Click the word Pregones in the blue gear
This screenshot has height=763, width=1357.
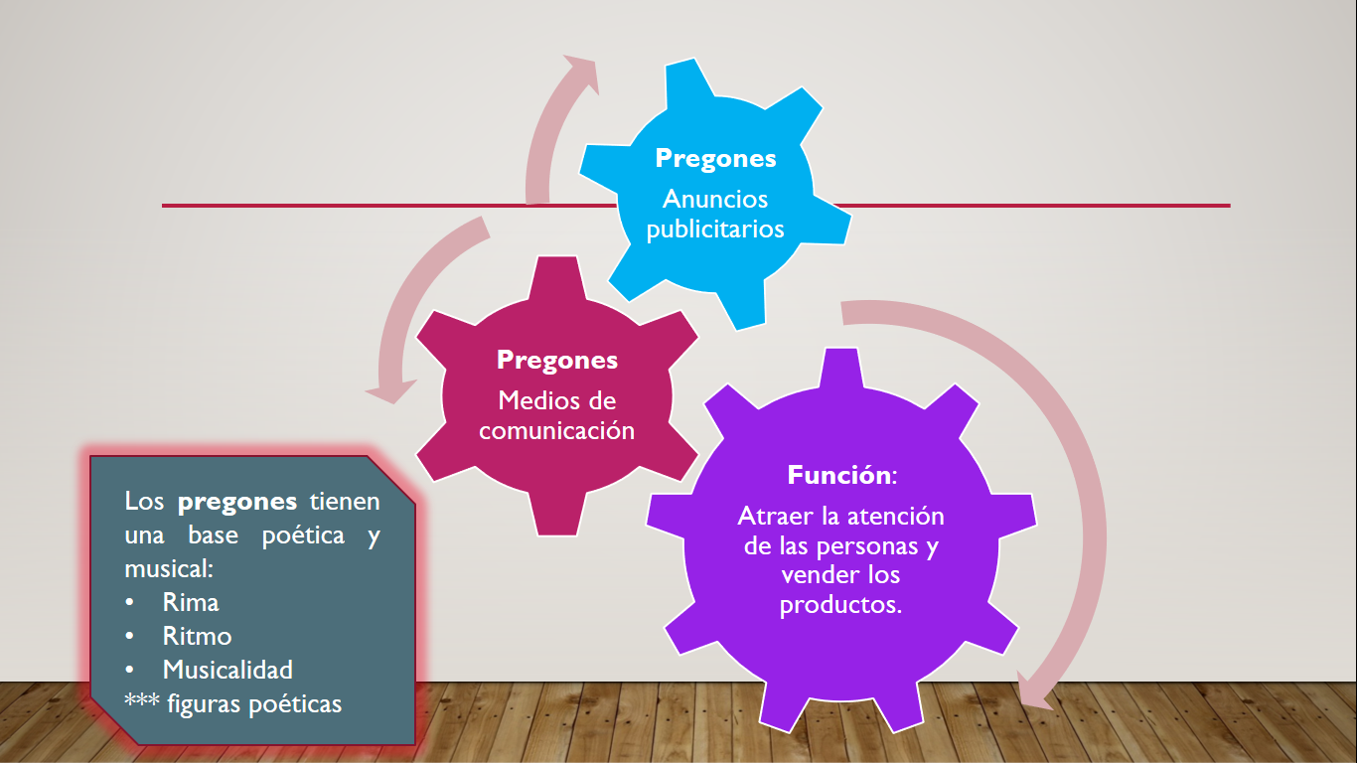tap(715, 159)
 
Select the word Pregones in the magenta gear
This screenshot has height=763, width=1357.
tap(556, 360)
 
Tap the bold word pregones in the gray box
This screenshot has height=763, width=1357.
tap(237, 502)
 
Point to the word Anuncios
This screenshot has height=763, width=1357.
tap(715, 200)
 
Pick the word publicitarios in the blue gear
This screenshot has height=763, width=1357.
tap(715, 229)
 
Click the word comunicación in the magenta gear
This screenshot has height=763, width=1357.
tap(556, 431)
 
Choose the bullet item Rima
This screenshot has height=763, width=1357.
tap(191, 602)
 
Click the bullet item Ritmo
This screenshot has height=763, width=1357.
tap(197, 636)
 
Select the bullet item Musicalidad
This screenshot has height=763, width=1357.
tap(227, 670)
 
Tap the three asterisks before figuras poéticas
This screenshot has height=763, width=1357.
tap(140, 704)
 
